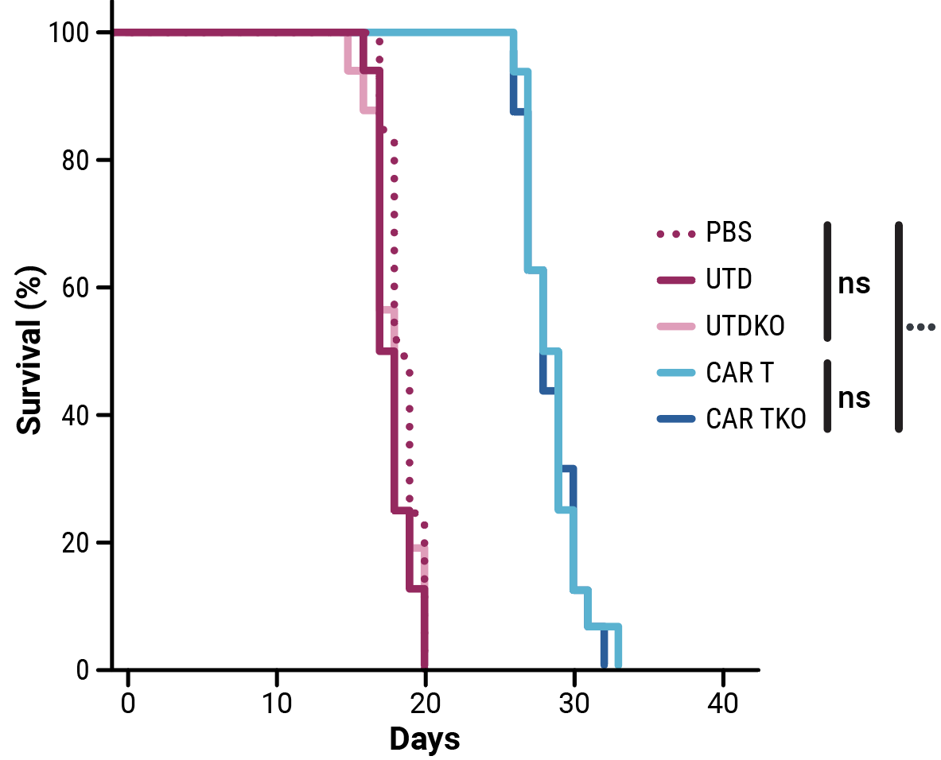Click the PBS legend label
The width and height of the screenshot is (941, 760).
[x=729, y=234]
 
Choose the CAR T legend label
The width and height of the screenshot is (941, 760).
[x=739, y=373]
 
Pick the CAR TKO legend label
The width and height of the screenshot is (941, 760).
[x=756, y=419]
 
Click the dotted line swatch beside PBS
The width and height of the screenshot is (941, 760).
[x=676, y=235]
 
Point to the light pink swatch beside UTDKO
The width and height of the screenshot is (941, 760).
[x=676, y=326]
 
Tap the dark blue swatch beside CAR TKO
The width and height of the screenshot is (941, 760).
[x=676, y=419]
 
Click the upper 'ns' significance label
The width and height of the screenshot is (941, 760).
[x=854, y=284]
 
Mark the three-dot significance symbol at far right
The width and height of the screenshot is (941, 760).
[x=920, y=326]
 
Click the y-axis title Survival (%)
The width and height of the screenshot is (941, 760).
[x=30, y=351]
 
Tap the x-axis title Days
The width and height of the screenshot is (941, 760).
[x=425, y=739]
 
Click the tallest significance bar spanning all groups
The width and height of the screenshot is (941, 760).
[x=899, y=327]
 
